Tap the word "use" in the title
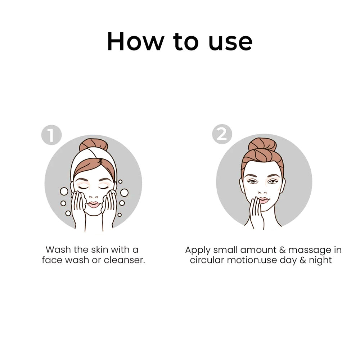pyautogui.click(x=230, y=41)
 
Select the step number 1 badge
pyautogui.click(x=51, y=135)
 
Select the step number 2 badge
pyautogui.click(x=222, y=134)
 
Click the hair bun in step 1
pyautogui.click(x=88, y=144)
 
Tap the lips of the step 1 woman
pyautogui.click(x=94, y=204)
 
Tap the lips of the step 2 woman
pyautogui.click(x=264, y=200)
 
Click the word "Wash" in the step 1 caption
pyautogui.click(x=58, y=249)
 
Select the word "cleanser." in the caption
pyautogui.click(x=125, y=260)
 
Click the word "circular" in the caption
pyautogui.click(x=207, y=260)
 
